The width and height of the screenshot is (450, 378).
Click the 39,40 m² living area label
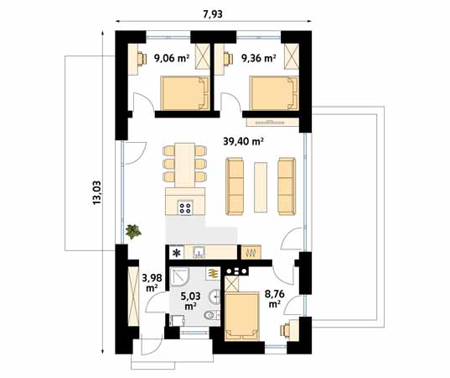tap(243, 142)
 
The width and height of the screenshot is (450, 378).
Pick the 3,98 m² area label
tap(152, 282)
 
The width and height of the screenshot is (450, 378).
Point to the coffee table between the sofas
tap(261, 182)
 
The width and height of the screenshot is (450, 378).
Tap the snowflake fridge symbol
tap(177, 252)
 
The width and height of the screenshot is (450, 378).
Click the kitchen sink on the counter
tap(199, 251)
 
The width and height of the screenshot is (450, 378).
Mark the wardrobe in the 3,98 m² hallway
tap(132, 295)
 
